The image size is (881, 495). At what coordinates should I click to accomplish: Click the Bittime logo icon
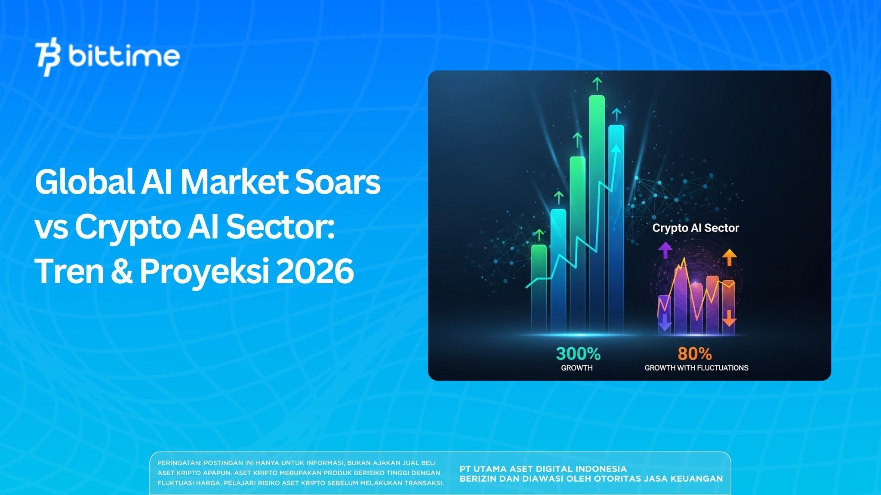point(48,59)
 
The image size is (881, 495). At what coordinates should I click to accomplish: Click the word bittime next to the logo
point(123,57)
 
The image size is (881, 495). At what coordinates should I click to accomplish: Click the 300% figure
point(578,354)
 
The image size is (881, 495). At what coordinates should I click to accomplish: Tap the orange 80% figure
point(695,354)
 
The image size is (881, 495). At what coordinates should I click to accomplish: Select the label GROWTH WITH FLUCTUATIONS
point(696,368)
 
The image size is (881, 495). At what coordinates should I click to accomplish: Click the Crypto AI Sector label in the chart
point(696,228)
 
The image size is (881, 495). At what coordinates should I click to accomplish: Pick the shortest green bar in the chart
point(539,288)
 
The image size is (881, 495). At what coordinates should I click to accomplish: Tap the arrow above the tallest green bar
point(597,84)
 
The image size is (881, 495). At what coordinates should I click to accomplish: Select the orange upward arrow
point(729,257)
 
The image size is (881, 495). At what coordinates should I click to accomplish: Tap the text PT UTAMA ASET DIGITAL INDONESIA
point(543,469)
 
